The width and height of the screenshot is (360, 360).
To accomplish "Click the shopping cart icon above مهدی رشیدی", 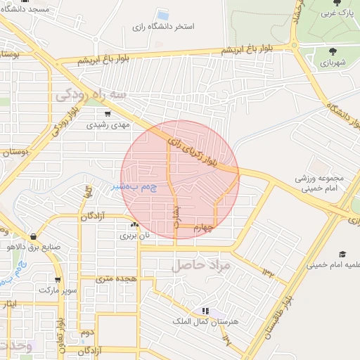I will pyautogui.click(x=108, y=113).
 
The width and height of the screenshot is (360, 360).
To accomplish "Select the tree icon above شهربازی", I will pyautogui.click(x=332, y=51).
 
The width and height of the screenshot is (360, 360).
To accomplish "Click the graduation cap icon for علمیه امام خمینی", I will pyautogui.click(x=342, y=254).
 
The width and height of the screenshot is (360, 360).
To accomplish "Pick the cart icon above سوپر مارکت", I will pyautogui.click(x=57, y=279).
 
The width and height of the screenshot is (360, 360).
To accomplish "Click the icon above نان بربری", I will pyautogui.click(x=134, y=225).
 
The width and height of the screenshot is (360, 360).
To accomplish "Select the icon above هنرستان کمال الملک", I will pyautogui.click(x=205, y=310).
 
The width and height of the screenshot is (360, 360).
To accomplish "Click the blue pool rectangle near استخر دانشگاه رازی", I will pyautogui.click(x=163, y=14).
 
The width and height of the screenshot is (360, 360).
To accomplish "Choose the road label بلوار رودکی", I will pyautogui.click(x=62, y=120).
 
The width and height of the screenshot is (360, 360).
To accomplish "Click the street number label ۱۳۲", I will pyautogui.click(x=269, y=271).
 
